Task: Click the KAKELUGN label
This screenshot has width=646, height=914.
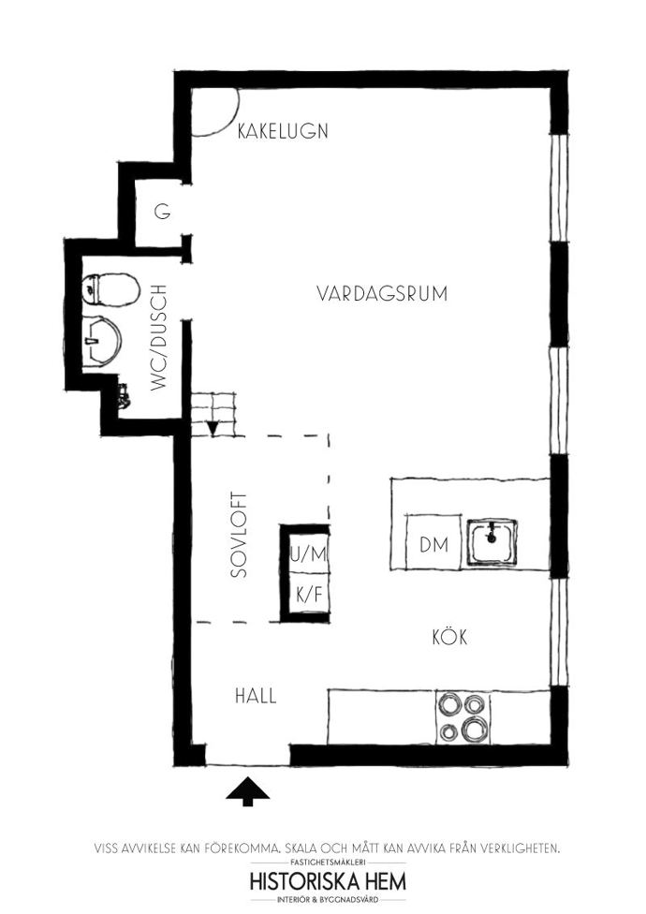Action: click(x=283, y=130)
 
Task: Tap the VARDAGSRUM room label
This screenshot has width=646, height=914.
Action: click(x=382, y=293)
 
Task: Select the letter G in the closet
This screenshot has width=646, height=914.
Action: click(x=163, y=212)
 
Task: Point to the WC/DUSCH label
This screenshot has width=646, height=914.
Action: click(x=158, y=337)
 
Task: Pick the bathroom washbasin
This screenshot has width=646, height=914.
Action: click(x=101, y=342)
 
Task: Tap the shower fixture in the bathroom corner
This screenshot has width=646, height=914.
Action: click(x=124, y=395)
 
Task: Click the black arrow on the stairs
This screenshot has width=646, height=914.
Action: click(x=213, y=429)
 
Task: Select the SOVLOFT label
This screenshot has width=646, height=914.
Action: click(x=239, y=535)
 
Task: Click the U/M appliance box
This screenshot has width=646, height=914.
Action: click(x=309, y=553)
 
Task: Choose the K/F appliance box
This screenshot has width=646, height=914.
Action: click(x=309, y=594)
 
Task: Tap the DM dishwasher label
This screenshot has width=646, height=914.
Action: click(x=434, y=545)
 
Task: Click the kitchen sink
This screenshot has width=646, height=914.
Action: click(x=492, y=541)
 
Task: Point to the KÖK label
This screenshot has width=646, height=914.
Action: click(x=449, y=637)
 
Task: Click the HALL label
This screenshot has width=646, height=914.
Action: click(x=256, y=696)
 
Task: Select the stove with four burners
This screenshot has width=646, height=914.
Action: click(x=463, y=717)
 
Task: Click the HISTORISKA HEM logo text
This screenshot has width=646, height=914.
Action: click(x=328, y=881)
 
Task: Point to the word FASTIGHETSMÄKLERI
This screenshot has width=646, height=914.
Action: click(x=328, y=862)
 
